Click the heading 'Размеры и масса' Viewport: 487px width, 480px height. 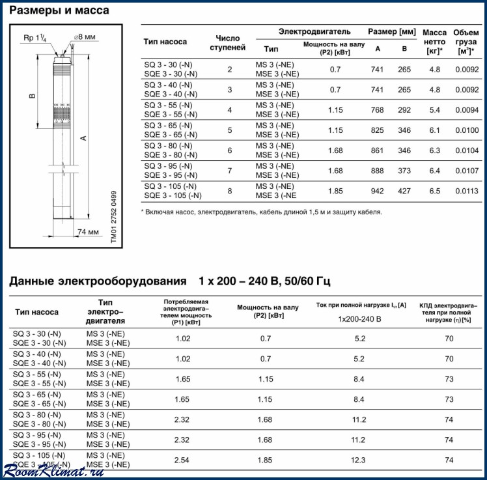tap(59, 10)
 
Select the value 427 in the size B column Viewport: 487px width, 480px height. tap(404, 190)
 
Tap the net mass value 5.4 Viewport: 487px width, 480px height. tap(434, 109)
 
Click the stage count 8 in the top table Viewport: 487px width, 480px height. tap(229, 190)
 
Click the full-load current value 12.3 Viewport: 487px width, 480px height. tap(359, 460)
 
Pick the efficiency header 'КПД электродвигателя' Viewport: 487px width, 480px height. tap(449, 312)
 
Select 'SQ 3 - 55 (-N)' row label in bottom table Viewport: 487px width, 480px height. tap(39, 374)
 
